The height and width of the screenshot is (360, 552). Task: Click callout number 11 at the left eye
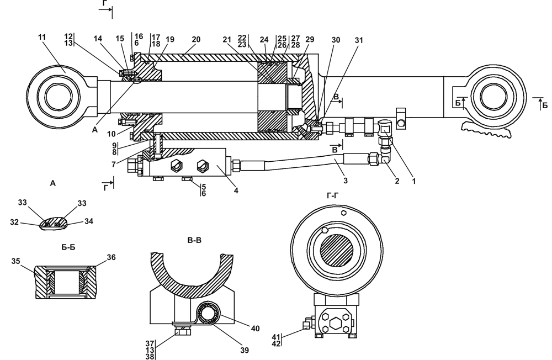(42, 37)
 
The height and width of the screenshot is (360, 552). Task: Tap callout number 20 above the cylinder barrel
(196, 39)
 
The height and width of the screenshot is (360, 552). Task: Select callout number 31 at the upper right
(358, 40)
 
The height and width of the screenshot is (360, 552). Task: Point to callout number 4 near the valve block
(236, 190)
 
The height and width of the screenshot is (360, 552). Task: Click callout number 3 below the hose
(346, 181)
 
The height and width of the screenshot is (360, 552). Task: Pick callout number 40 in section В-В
(255, 329)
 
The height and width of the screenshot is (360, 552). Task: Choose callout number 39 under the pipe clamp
(245, 350)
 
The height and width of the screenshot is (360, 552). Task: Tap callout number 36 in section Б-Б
(111, 257)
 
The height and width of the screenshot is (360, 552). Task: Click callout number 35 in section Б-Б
(15, 261)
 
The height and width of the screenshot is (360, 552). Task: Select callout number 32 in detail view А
(14, 223)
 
